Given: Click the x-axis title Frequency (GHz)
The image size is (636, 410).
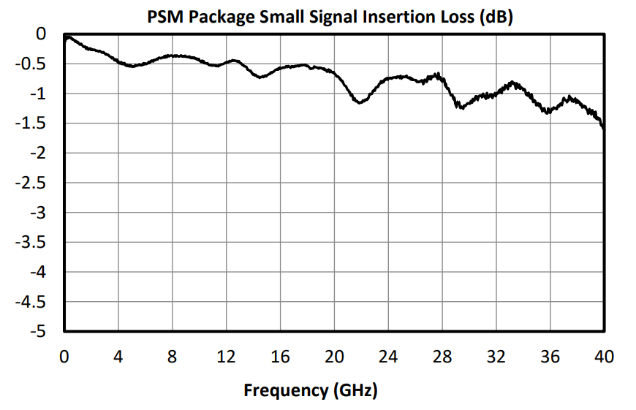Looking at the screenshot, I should pyautogui.click(x=310, y=390).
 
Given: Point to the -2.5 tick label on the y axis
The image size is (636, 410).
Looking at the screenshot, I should pyautogui.click(x=34, y=183).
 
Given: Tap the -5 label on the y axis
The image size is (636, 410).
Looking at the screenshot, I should pyautogui.click(x=40, y=332).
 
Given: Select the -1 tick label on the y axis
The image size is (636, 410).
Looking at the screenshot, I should pyautogui.click(x=40, y=94).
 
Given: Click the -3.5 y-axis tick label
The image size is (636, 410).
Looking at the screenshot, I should pyautogui.click(x=34, y=243).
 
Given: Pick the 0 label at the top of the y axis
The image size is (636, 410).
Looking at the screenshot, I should pyautogui.click(x=44, y=34).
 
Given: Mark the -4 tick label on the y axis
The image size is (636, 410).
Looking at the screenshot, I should pyautogui.click(x=40, y=272).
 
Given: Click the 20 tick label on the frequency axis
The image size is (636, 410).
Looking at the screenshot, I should pyautogui.click(x=334, y=357).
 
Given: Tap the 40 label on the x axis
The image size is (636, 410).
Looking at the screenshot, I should pyautogui.click(x=603, y=357).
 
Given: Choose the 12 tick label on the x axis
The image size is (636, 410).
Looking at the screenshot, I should pyautogui.click(x=226, y=357).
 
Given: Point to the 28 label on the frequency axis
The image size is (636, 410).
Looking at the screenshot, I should pyautogui.click(x=442, y=357).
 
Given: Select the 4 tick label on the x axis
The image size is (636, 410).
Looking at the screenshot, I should pyautogui.click(x=118, y=357).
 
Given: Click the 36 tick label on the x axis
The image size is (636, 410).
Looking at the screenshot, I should pyautogui.click(x=550, y=357).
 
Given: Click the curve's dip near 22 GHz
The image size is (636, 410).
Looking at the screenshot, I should pyautogui.click(x=360, y=103).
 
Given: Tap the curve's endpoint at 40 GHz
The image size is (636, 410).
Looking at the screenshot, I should pyautogui.click(x=603, y=128).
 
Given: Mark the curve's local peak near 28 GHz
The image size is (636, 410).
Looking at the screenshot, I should pyautogui.click(x=437, y=74).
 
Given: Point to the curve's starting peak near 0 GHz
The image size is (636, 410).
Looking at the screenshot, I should pyautogui.click(x=67, y=36).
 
